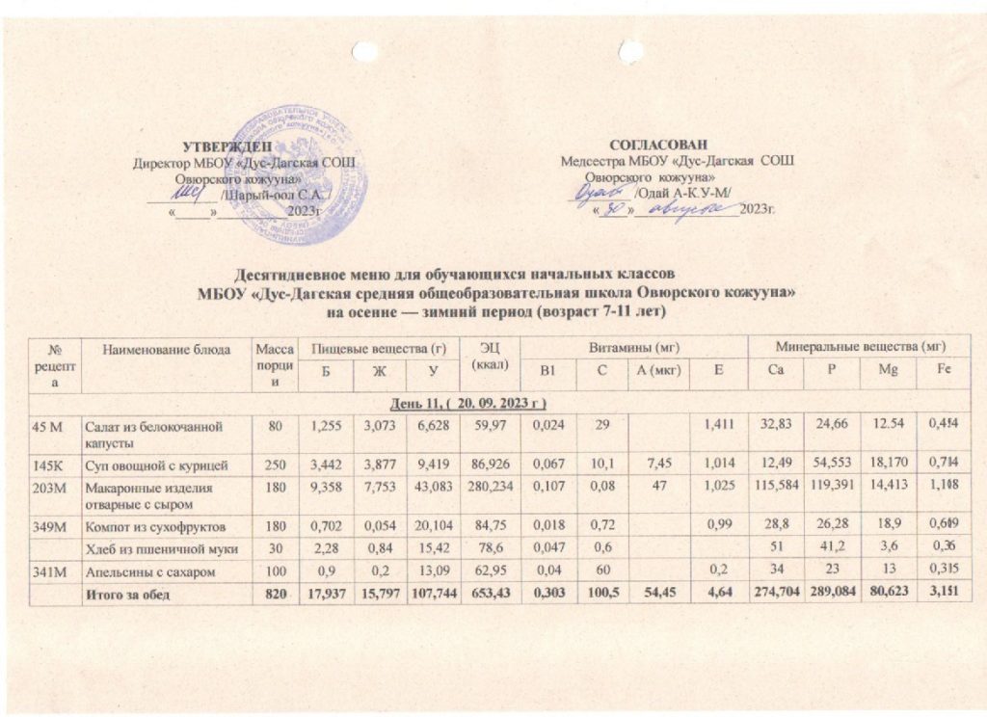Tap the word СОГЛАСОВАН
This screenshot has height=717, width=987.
coord(665,144)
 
